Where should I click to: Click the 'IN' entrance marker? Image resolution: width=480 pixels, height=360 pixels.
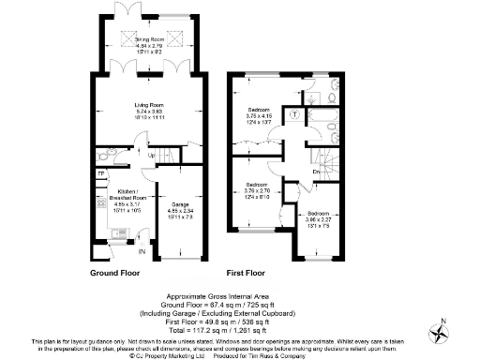[142, 251]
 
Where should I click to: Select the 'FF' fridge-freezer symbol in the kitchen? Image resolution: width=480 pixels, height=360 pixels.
[101, 173]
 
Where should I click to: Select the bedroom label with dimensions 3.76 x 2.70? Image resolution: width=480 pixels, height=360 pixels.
[260, 189]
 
